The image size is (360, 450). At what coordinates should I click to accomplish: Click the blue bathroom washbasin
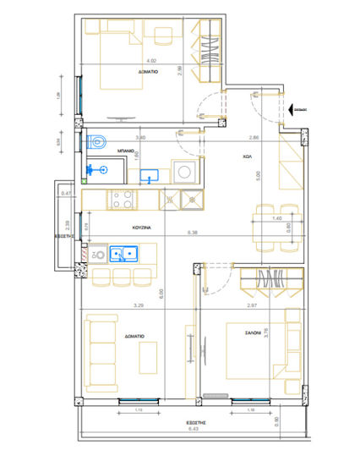(x=150, y=176)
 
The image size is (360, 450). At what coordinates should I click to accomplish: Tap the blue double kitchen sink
(x=123, y=252)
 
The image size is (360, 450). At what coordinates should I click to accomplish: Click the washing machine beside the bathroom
(x=183, y=172)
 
